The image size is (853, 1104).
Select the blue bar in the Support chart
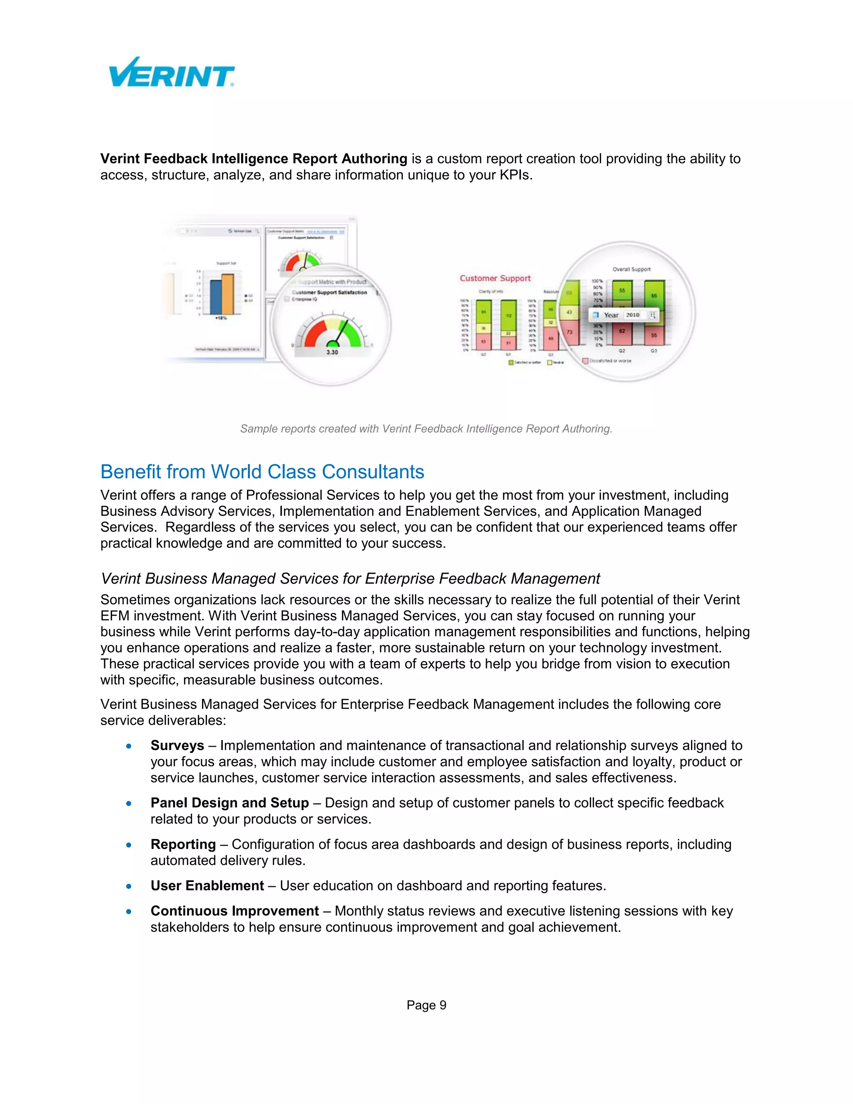tap(216, 297)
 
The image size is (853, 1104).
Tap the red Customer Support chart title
tap(495, 278)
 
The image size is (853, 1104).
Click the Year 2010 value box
tap(633, 315)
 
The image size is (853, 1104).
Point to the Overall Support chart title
tap(631, 269)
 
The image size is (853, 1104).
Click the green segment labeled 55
tap(622, 291)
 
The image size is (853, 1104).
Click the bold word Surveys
tap(177, 746)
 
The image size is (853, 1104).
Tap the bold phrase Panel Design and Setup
tap(229, 803)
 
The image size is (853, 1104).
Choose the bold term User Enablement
tap(207, 886)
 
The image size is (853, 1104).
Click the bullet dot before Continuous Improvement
tap(130, 912)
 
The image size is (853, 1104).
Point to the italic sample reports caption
tap(426, 429)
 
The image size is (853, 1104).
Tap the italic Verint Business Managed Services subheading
tap(350, 578)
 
